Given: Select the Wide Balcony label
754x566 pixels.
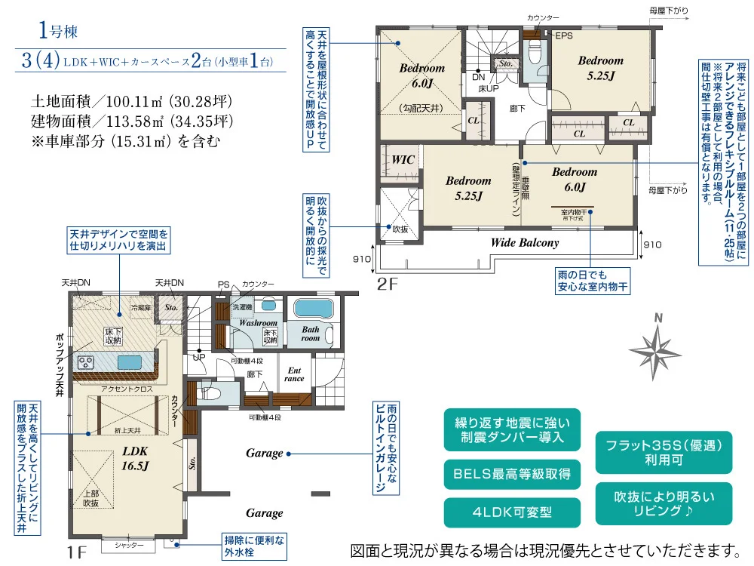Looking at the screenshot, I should [x=525, y=243].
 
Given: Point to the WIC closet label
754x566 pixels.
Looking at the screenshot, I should [x=403, y=160].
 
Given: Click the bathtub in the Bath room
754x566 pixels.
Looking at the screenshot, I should [x=314, y=309].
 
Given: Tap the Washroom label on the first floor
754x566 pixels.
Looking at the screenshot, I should [x=258, y=322].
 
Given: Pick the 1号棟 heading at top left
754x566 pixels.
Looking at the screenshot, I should [x=58, y=32].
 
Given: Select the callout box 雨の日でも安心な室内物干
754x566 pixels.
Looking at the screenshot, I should [x=593, y=281].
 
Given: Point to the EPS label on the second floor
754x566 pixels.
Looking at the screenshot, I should [x=565, y=35].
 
